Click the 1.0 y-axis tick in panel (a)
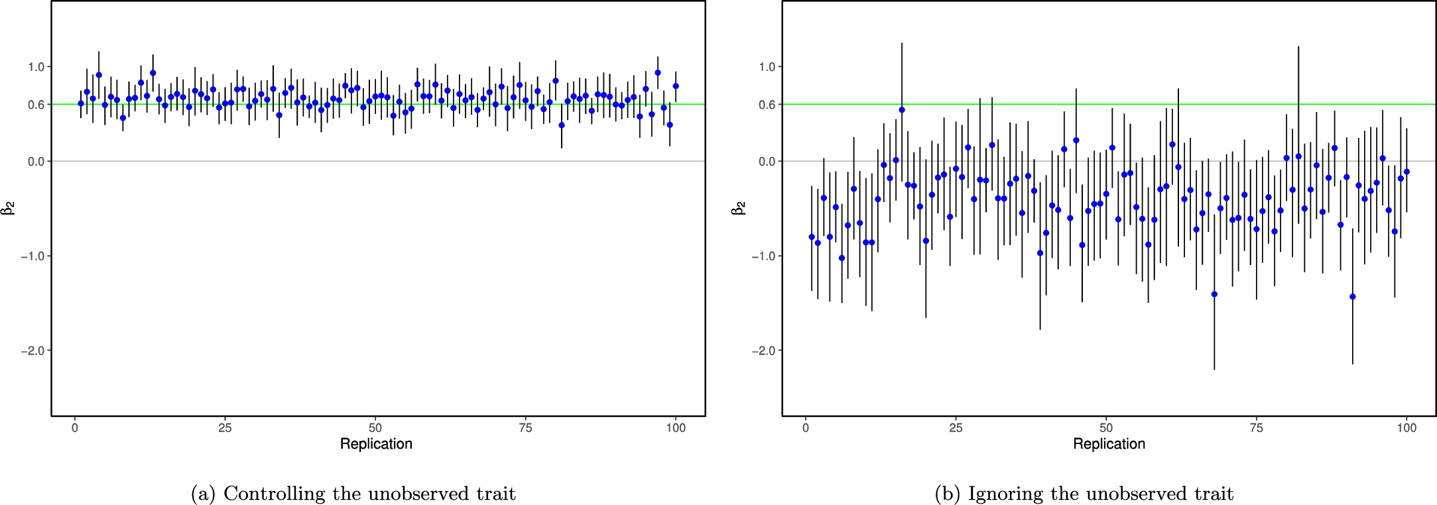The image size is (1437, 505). pos(36,67)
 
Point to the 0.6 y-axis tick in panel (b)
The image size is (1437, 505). pos(767,105)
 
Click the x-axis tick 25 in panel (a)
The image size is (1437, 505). pos(225,428)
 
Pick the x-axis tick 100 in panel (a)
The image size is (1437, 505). pos(675,428)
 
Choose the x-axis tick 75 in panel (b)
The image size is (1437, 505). pos(1256,428)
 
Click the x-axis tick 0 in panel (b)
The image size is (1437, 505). pos(805,428)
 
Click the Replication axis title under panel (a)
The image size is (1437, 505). pos(376,444)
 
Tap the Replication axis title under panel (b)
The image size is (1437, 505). pos(1109,444)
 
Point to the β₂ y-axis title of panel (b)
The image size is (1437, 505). pos(739,209)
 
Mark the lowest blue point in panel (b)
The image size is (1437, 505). pos(1353,297)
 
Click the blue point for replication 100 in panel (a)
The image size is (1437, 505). pos(676,86)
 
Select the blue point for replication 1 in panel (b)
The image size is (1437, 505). pos(812,237)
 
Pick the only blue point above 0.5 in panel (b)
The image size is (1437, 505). pos(902,110)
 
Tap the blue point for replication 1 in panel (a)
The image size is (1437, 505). pos(81,103)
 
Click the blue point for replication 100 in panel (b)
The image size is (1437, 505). pos(1406,172)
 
